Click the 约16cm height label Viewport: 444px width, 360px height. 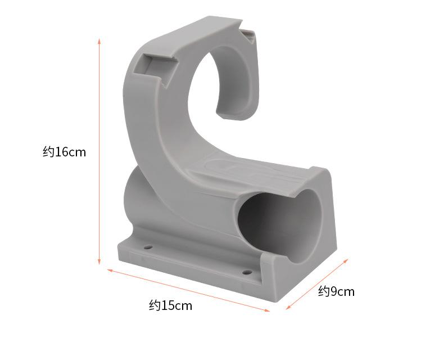(64, 152)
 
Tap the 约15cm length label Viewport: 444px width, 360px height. (170, 305)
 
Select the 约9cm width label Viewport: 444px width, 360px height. (336, 291)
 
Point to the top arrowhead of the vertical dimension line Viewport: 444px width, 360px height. (99, 41)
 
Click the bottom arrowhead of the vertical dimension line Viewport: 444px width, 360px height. (99, 262)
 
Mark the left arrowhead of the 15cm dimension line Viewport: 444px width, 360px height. (110, 271)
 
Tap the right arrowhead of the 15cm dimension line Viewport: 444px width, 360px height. (267, 310)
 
